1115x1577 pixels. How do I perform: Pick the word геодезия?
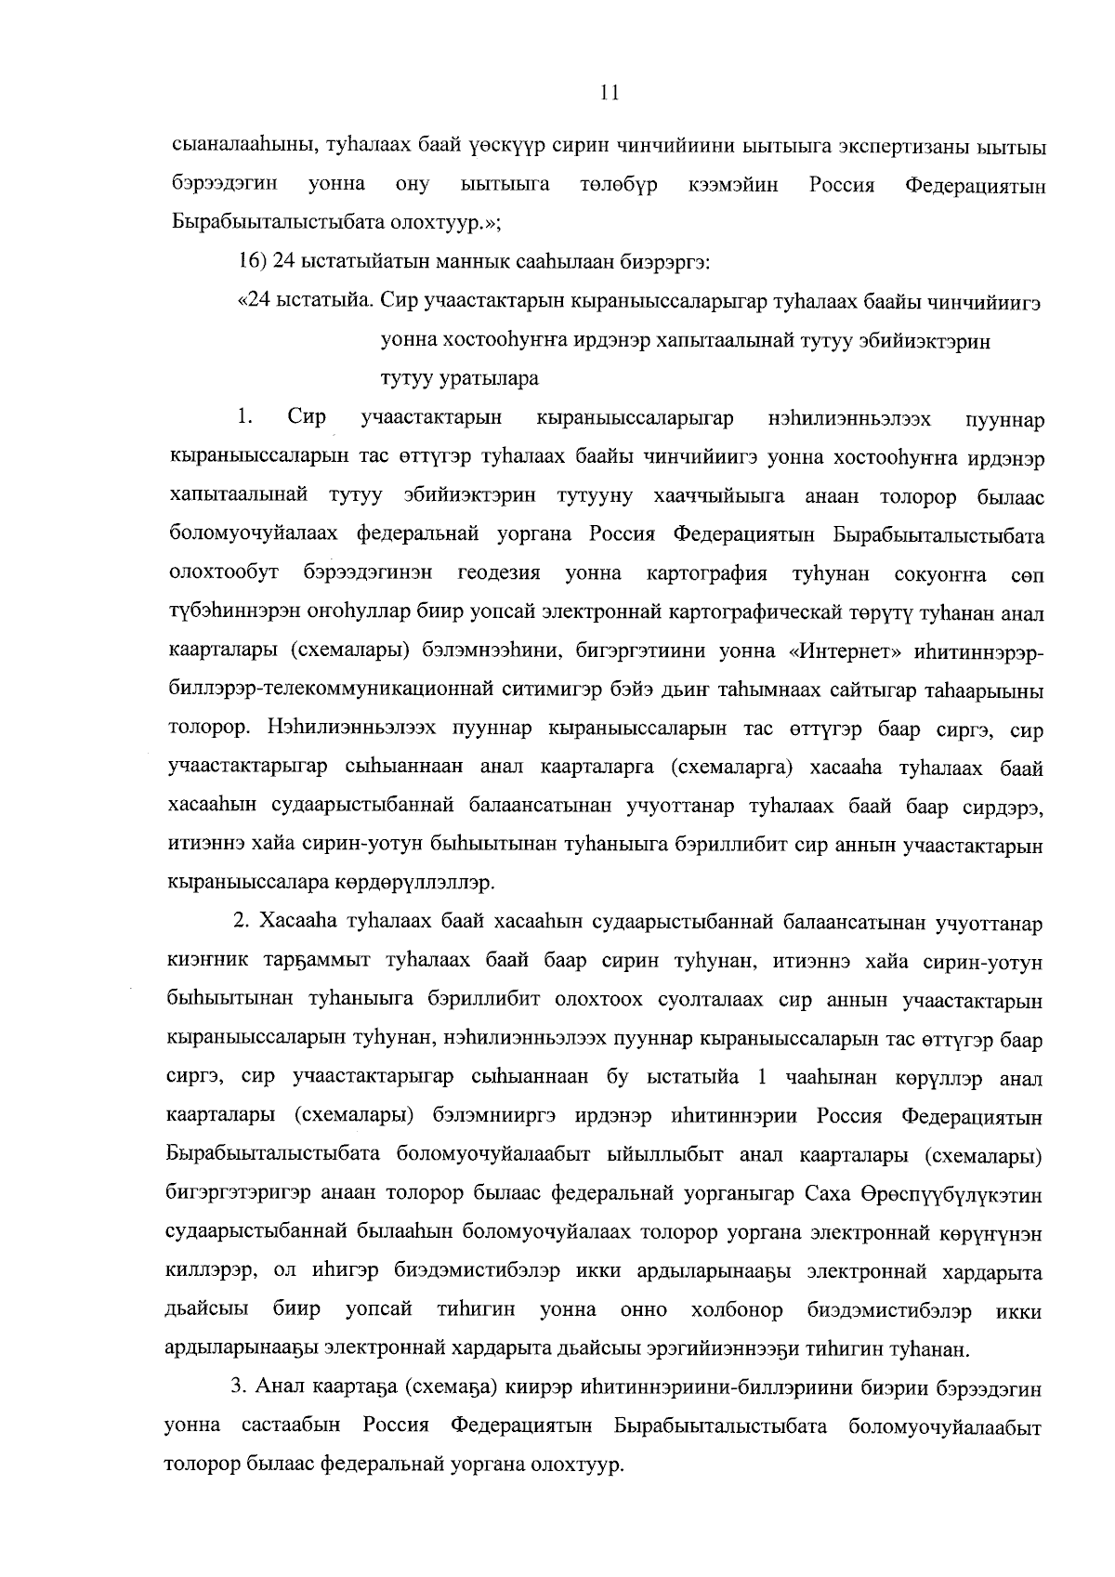pyautogui.click(x=498, y=573)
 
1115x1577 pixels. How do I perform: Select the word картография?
pyautogui.click(x=706, y=573)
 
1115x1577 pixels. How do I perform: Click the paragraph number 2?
pyautogui.click(x=241, y=923)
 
